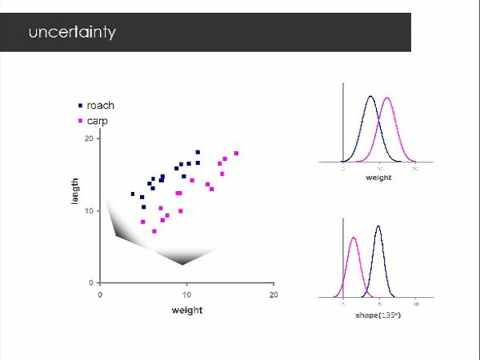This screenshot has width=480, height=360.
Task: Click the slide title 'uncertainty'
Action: (x=72, y=32)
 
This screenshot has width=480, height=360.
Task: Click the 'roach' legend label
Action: (x=100, y=105)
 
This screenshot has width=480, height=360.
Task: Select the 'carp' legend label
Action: (x=97, y=121)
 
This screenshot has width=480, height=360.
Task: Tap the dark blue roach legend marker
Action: (x=80, y=105)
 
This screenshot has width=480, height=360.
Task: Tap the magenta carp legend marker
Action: (x=80, y=121)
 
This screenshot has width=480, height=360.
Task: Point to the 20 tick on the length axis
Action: (x=89, y=138)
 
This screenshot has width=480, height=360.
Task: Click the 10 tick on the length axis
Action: (x=89, y=211)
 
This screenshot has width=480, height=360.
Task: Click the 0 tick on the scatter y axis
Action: (x=91, y=283)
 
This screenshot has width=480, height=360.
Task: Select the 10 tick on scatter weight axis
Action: (x=187, y=295)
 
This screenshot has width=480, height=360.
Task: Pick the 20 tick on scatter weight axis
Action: (x=273, y=295)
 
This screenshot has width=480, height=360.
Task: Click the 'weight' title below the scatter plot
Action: (x=187, y=310)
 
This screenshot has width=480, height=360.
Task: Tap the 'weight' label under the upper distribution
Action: (x=378, y=178)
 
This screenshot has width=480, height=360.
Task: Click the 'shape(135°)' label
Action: (x=378, y=315)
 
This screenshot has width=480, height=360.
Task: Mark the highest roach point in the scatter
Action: (x=198, y=152)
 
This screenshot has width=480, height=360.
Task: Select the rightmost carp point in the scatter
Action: (x=236, y=153)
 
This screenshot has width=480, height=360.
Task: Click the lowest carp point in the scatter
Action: (x=154, y=231)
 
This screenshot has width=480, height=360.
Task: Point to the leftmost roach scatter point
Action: (x=133, y=194)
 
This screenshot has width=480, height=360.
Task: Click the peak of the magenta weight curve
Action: (x=387, y=98)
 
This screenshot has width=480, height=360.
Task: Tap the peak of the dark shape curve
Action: (x=378, y=226)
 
